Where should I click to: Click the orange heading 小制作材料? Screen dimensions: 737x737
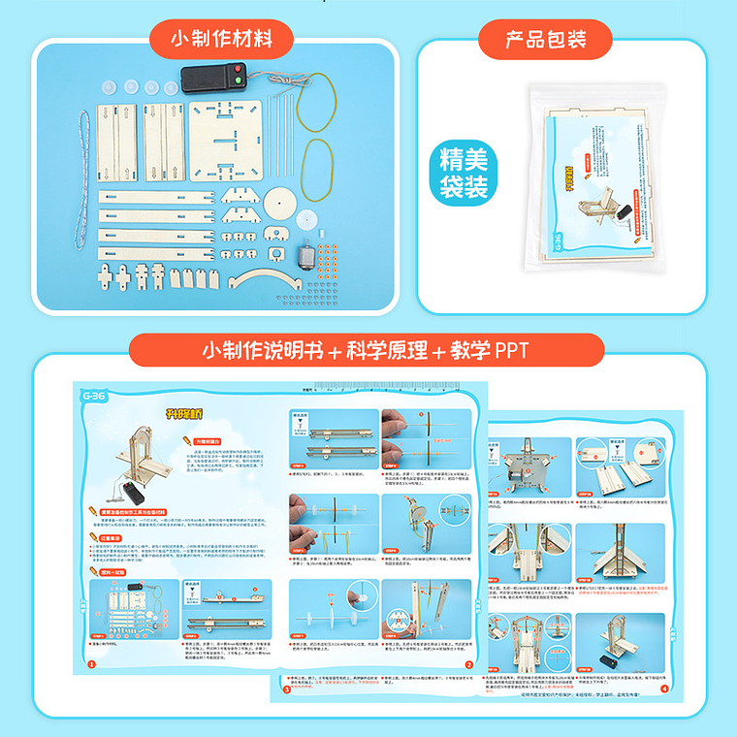219,40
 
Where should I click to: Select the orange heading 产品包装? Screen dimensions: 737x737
546,40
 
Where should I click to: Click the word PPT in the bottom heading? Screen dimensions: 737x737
510,350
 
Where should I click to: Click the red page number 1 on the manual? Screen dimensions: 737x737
91,664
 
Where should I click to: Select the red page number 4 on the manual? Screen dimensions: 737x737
663,689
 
